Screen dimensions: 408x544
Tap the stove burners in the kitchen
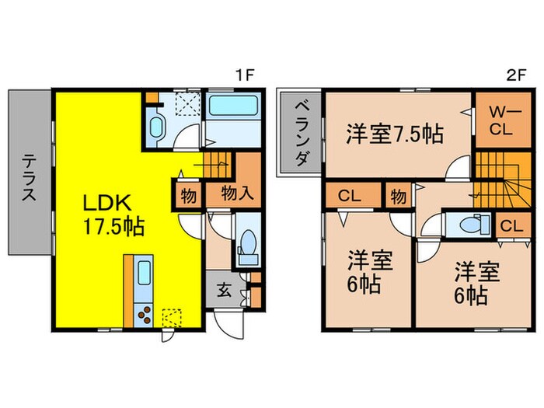coord(145,316)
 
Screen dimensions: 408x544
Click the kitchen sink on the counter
coord(144,274)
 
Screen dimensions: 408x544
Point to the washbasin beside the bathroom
coord(156,128)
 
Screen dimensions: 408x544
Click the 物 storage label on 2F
coord(399,195)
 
